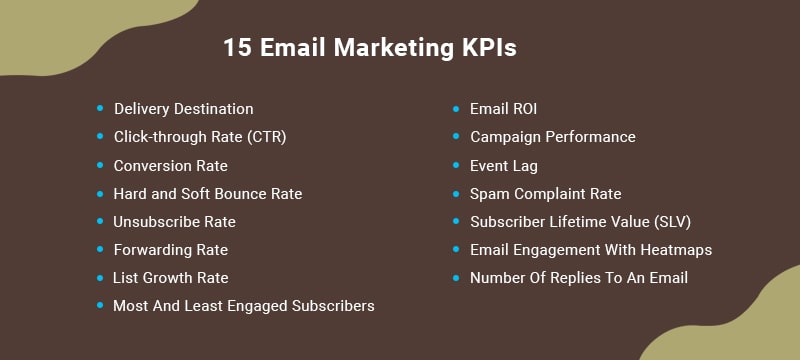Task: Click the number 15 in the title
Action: point(236,48)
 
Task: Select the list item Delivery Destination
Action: point(183,109)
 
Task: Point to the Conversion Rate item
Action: point(170,165)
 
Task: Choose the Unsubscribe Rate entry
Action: point(174,221)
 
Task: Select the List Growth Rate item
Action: point(170,277)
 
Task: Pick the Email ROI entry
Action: point(503,109)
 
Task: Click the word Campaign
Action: point(504,137)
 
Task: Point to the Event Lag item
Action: point(503,165)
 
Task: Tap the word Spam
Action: point(488,193)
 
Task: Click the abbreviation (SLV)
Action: point(669,221)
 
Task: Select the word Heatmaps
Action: point(676,249)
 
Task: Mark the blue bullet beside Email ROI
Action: point(456,108)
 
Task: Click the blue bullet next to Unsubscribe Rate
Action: point(100,220)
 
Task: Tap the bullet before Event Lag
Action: point(456,164)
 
